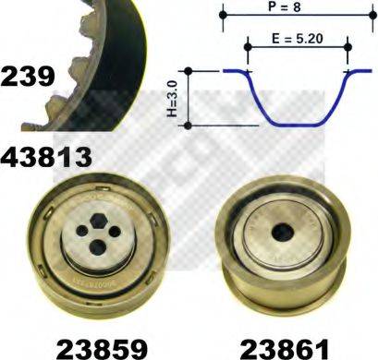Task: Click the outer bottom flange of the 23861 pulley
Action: [277, 300]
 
